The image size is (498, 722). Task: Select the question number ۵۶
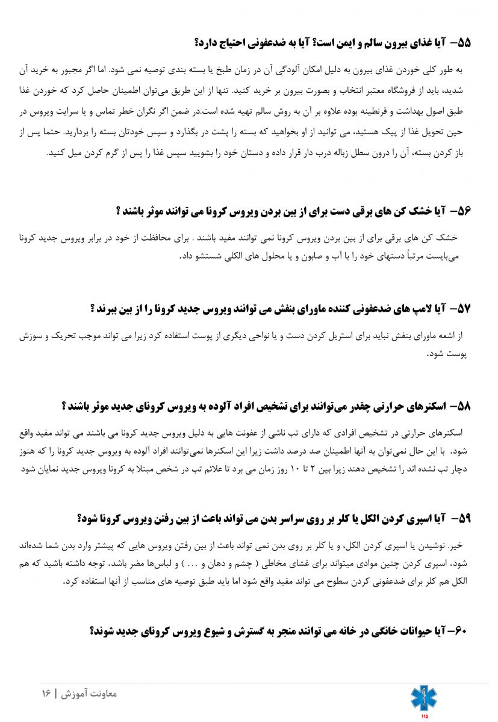pos(463,211)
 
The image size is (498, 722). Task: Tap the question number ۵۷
pos(463,309)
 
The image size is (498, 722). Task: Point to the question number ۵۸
pos(463,406)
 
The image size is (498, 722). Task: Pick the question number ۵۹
pos(463,518)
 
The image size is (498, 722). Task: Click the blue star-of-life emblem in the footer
pos(424,697)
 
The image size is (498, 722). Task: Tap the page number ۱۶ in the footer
pos(46,693)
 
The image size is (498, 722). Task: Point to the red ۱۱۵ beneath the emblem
pos(425,716)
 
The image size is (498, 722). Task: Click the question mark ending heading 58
pos(64,406)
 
